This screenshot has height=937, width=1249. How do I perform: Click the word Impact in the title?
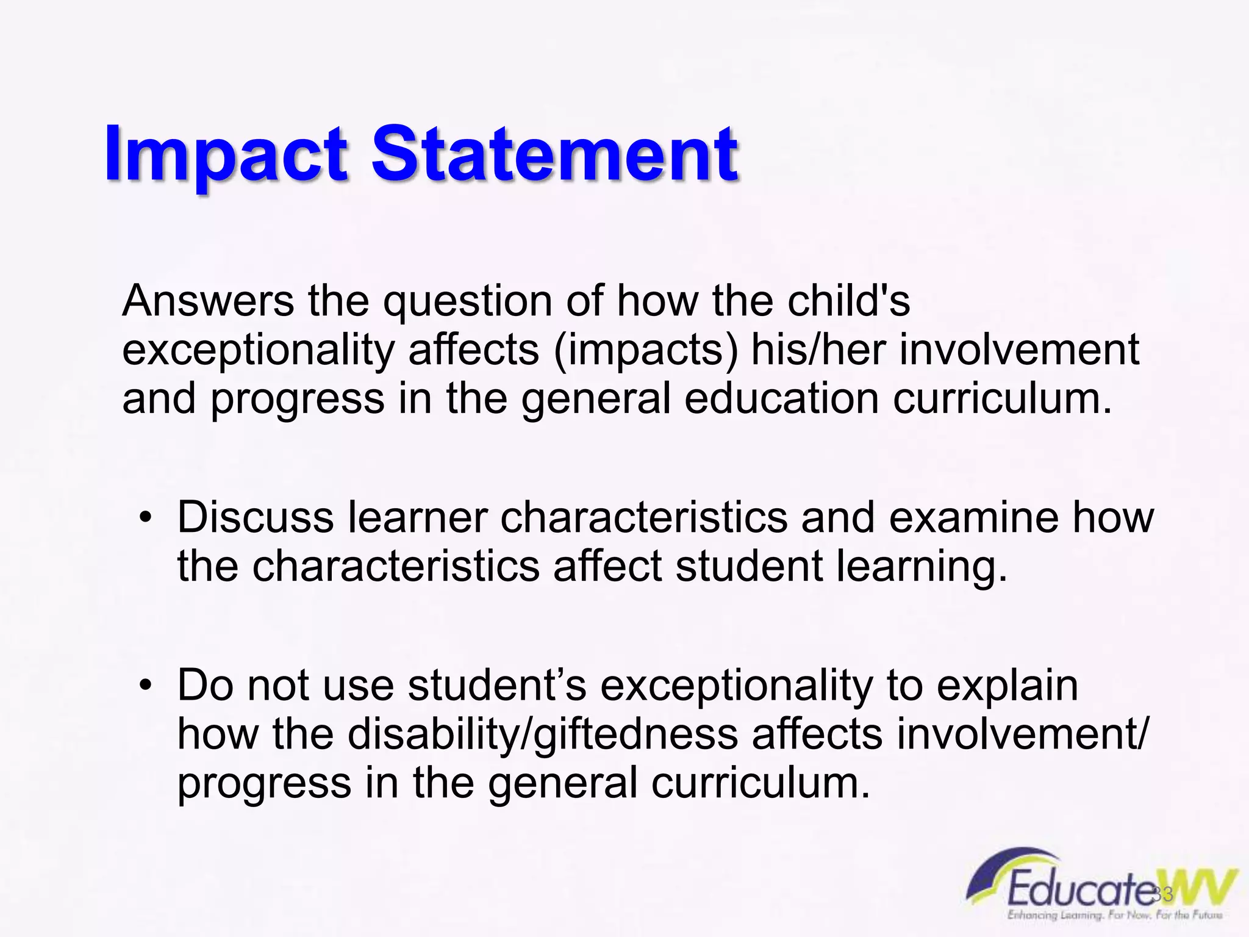pyautogui.click(x=226, y=156)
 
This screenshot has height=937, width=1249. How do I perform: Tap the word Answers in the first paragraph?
pyautogui.click(x=208, y=301)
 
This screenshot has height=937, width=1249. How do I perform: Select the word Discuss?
pyautogui.click(x=256, y=517)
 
